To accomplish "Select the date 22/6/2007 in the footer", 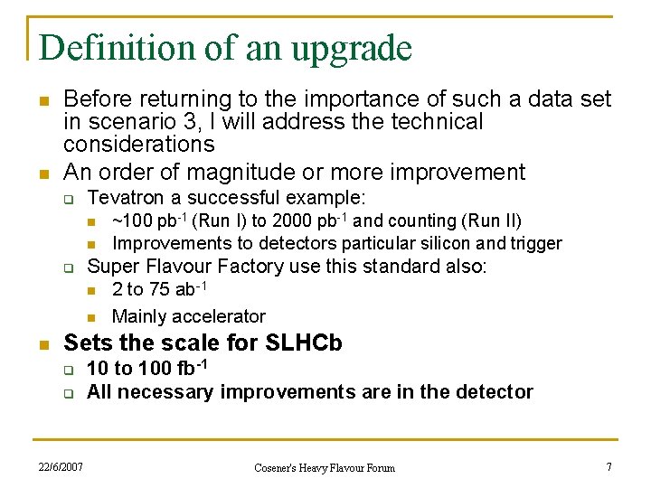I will pos(61,466).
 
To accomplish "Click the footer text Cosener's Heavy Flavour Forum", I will pos(324,467).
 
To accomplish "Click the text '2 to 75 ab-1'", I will pos(160,289).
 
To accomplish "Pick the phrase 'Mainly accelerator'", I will pos(188,316).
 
